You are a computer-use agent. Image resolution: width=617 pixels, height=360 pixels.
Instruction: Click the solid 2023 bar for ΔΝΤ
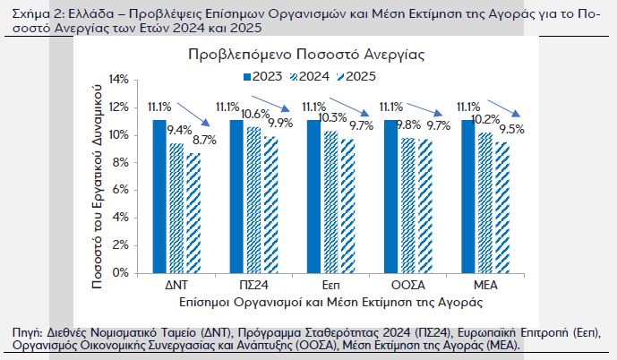[x=159, y=196]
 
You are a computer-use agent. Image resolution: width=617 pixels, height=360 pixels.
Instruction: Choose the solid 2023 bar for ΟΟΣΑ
[x=390, y=196]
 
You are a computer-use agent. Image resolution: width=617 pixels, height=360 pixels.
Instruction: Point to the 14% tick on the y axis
[x=118, y=80]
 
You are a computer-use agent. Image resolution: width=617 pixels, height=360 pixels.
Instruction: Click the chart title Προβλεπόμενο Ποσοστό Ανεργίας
[x=306, y=54]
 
